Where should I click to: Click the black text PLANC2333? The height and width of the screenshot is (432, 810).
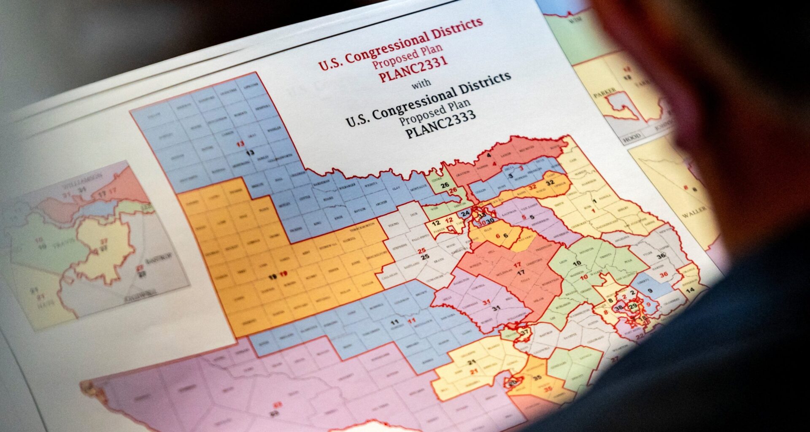pyautogui.click(x=440, y=124)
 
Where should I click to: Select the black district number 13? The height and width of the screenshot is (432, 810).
pyautogui.click(x=250, y=152)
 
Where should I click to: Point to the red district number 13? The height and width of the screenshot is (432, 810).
pyautogui.click(x=240, y=144)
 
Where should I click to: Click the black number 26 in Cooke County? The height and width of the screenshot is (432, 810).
pyautogui.click(x=445, y=185)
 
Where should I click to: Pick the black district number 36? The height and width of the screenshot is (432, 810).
pyautogui.click(x=661, y=256)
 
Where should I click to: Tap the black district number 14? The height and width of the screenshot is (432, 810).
pyautogui.click(x=690, y=290)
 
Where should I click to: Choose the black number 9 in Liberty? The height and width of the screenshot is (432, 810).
pyautogui.click(x=650, y=291)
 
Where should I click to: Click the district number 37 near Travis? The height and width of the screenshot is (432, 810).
pyautogui.click(x=524, y=332)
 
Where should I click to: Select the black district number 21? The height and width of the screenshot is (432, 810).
pyautogui.click(x=471, y=362)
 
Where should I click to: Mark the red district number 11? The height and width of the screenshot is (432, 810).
pyautogui.click(x=412, y=321)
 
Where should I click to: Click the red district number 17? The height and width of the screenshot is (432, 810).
pyautogui.click(x=517, y=265)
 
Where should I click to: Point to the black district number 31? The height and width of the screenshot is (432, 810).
pyautogui.click(x=496, y=308)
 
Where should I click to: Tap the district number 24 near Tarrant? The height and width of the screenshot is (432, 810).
pyautogui.click(x=465, y=214)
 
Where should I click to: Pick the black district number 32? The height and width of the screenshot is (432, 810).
pyautogui.click(x=550, y=183)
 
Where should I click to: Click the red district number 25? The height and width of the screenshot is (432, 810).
pyautogui.click(x=421, y=251)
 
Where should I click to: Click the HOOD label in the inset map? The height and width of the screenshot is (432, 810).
pyautogui.click(x=632, y=136)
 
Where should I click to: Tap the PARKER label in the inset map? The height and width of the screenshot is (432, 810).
pyautogui.click(x=604, y=94)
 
